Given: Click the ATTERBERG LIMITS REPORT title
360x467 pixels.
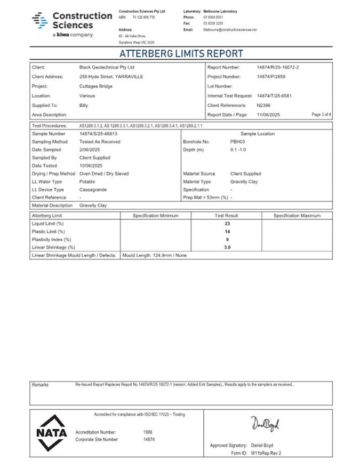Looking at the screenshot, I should click(181, 54).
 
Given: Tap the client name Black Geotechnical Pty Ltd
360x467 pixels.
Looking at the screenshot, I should click(107, 68).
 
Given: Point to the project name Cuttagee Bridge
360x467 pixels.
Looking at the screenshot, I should click(96, 86).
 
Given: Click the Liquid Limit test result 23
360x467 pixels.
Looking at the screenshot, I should click(227, 224).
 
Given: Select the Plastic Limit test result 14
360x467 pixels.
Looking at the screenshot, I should click(227, 232).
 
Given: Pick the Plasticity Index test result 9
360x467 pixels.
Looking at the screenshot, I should click(227, 240).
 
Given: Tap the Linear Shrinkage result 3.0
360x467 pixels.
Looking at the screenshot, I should click(227, 248).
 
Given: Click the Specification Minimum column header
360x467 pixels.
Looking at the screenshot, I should click(155, 216).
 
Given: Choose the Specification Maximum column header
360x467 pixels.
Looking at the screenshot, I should click(297, 216).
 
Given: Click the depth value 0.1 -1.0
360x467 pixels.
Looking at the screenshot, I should click(238, 150).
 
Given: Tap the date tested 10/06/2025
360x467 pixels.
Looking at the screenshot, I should click(91, 165).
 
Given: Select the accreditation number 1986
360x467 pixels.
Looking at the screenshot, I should click(148, 432).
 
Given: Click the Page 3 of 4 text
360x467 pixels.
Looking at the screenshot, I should click(321, 115).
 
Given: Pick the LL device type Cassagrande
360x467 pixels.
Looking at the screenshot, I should click(93, 189).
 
